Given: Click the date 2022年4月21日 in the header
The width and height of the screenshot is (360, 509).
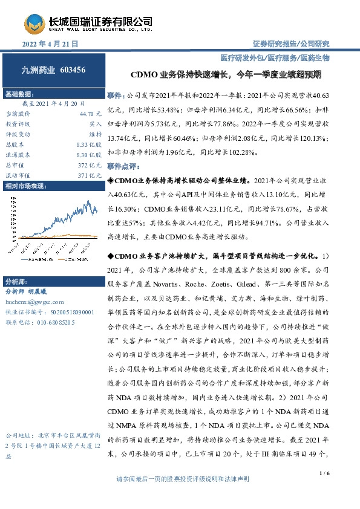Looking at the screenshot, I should pyautogui.click(x=51, y=44).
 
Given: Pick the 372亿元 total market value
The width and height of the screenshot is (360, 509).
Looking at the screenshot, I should pyautogui.click(x=90, y=165).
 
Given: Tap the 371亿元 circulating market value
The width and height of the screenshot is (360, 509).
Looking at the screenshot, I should pyautogui.click(x=90, y=175).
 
